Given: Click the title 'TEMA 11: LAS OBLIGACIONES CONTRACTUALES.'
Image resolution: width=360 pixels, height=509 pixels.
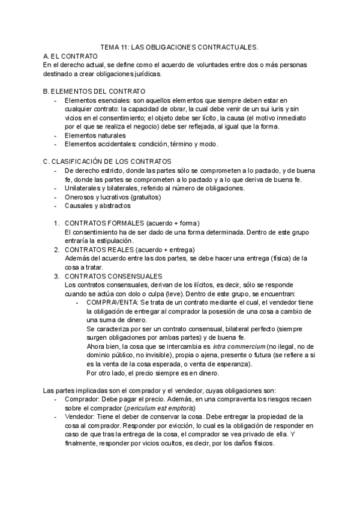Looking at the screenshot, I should (x=179, y=46).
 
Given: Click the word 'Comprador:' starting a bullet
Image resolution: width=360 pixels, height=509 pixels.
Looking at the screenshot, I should (x=80, y=399).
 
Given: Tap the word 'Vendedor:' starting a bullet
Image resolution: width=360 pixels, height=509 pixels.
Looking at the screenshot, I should (x=79, y=417).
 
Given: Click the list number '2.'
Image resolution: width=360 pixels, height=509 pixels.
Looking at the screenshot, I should (x=56, y=250).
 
